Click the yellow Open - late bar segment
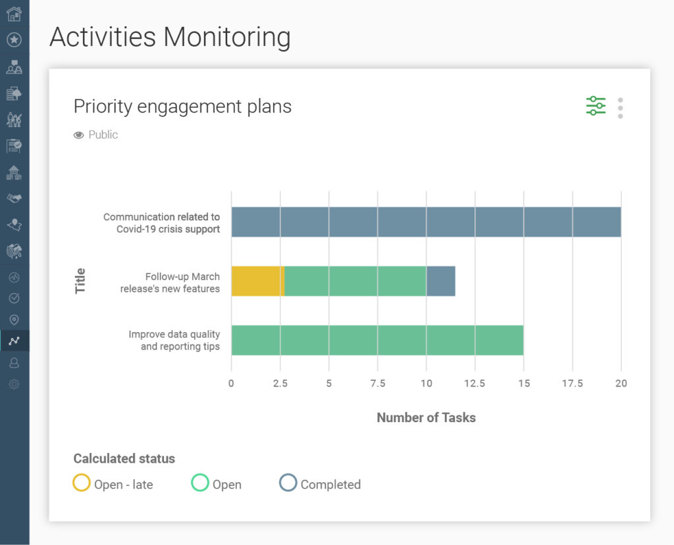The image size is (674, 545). tap(257, 281)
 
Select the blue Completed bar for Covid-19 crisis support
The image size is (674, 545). tap(426, 222)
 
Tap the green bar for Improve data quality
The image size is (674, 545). tap(377, 340)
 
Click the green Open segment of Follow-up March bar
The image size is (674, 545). tap(355, 281)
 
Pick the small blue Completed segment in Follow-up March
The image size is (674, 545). tap(440, 281)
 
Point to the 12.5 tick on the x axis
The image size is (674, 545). tap(475, 383)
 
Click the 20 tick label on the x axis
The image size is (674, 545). tap(621, 383)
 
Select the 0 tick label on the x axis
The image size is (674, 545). tap(231, 383)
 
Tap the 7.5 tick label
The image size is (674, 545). tap(377, 383)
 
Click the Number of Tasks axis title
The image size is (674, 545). tap(426, 417)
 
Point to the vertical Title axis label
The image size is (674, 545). tap(80, 281)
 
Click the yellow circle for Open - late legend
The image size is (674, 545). tap(82, 483)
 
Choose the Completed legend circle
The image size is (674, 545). tap(288, 483)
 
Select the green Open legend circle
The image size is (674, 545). tap(200, 483)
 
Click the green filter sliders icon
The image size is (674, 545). tap(596, 106)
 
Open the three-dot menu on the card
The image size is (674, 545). tap(620, 108)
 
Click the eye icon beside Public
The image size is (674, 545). tap(79, 135)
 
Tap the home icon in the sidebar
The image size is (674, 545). tap(14, 13)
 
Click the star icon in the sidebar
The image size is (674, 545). tap(14, 40)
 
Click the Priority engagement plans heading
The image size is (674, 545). tap(182, 107)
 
